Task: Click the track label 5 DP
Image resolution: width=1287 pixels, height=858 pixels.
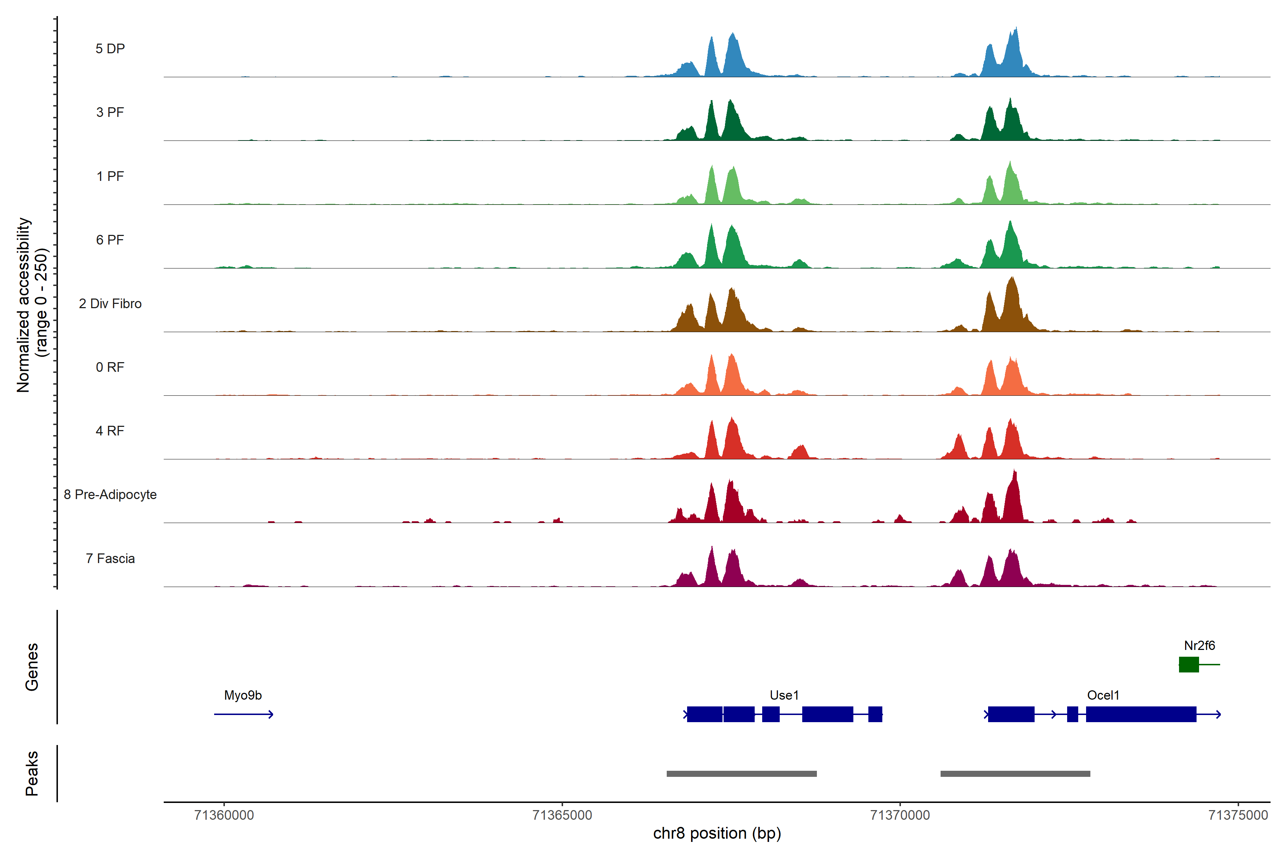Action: click(110, 49)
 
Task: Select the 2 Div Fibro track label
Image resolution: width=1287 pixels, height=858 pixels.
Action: click(110, 304)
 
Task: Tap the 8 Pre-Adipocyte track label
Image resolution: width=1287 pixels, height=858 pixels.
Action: click(110, 495)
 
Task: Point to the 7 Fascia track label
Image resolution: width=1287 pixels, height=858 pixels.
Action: click(110, 559)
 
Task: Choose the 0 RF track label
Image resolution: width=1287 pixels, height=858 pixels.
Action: click(110, 367)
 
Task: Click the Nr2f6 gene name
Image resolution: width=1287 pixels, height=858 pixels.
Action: click(1199, 646)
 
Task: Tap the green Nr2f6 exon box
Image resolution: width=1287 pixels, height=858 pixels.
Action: click(1188, 664)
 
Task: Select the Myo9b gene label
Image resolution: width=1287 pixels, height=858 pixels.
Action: click(243, 695)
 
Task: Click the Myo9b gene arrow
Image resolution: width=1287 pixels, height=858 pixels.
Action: click(243, 714)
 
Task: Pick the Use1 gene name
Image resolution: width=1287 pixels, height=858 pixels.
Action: click(784, 695)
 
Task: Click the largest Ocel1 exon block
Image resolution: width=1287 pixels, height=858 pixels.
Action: click(1141, 714)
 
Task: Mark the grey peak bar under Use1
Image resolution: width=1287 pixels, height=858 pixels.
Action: click(741, 774)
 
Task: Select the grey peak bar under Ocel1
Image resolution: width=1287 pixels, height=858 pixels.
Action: click(1015, 774)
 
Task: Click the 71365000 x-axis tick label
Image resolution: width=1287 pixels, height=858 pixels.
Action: click(562, 815)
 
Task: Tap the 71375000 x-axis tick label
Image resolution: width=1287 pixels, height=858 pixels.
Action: click(1238, 815)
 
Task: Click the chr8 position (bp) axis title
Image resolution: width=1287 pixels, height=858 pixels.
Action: click(717, 833)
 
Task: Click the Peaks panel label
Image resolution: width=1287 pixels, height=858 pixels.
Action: click(32, 773)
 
